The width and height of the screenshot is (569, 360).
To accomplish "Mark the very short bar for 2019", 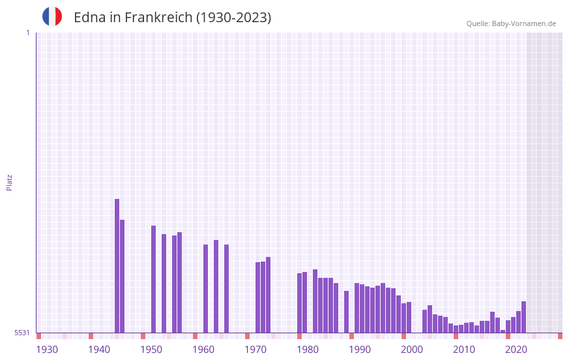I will [x=503, y=331].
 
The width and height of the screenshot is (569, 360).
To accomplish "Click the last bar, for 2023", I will [x=524, y=317].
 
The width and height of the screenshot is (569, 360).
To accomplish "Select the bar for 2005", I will [x=430, y=319].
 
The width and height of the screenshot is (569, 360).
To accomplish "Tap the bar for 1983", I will [x=315, y=301].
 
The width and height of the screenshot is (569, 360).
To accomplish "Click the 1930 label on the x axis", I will [x=47, y=350].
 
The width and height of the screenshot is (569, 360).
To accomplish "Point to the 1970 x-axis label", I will [x=255, y=350].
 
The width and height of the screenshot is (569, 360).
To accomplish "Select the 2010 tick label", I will [x=464, y=350].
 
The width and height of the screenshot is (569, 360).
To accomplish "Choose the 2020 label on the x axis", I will [x=516, y=350].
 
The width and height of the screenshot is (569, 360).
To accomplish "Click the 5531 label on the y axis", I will [x=22, y=333].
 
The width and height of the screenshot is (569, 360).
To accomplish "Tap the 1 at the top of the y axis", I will [x=27, y=33].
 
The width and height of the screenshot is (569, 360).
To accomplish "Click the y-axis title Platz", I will [x=9, y=182].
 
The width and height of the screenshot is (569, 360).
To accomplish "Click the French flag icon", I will [x=52, y=17].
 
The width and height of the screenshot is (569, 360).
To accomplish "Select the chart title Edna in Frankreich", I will [x=172, y=18].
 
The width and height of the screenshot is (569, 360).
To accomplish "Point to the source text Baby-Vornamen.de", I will [x=511, y=23].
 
